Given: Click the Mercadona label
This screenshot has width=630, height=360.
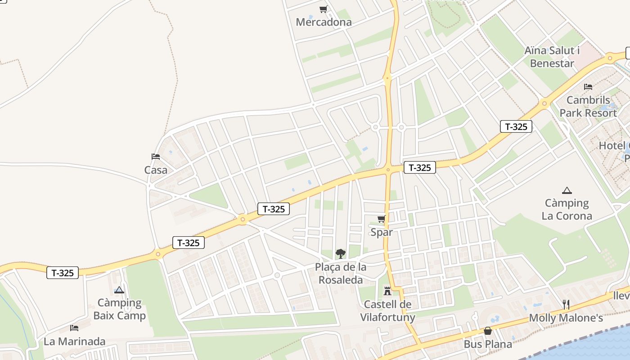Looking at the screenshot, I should tap(324, 22).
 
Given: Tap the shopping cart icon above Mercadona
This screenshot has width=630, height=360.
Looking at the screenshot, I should tap(323, 9).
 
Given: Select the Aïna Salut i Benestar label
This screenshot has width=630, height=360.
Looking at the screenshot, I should tap(552, 57).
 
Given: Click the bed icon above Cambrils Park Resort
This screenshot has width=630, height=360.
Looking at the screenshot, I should tap(588, 87).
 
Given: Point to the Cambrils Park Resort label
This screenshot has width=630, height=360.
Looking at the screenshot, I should tap(588, 107).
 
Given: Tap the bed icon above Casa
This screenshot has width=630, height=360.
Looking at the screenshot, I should tap(156, 157).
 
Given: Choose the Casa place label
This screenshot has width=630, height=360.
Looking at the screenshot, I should tap(156, 170).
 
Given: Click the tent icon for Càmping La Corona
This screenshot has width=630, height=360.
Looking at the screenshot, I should tap(567, 190).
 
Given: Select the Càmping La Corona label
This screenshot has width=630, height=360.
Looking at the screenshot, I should tap(567, 209).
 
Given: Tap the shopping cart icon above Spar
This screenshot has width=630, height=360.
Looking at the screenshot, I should tap(381, 219).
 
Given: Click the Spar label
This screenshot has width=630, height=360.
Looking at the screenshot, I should tap(381, 232).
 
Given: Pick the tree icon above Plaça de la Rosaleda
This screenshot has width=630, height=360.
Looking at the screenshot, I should tap(341, 253).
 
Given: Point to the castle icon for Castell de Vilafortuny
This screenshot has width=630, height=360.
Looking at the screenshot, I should tap(387, 291).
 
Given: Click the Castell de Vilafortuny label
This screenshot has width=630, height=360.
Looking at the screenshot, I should tap(387, 311).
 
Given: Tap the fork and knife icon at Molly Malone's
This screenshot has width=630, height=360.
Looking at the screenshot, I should tap(566, 305).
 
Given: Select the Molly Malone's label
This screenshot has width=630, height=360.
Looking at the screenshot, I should tap(566, 318).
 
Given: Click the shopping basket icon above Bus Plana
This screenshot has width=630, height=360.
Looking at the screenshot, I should tap(487, 331).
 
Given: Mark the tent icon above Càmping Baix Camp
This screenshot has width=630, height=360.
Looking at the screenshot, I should tap(119, 290).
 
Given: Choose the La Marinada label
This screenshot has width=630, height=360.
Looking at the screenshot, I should tap(74, 342).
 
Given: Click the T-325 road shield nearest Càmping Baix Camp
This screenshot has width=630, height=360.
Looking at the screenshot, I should tap(63, 273).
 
